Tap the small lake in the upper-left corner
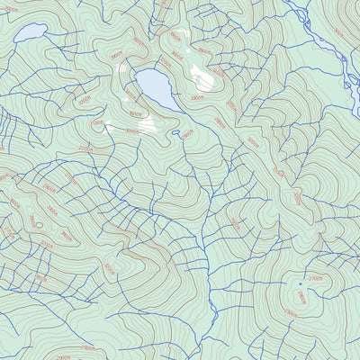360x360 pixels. click(30, 33)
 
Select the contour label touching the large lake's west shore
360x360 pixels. click(131, 93)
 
